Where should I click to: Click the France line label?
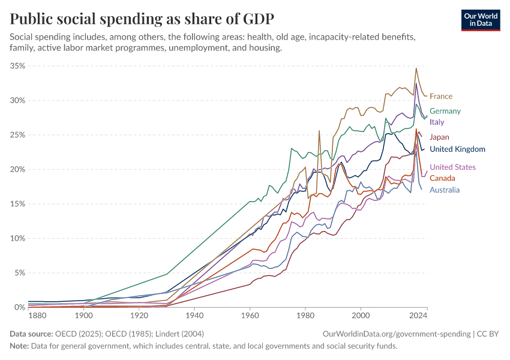click(x=441, y=96)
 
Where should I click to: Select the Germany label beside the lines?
click(x=445, y=111)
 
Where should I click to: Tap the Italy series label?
click(x=437, y=122)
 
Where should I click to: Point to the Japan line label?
click(x=439, y=137)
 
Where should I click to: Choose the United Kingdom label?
click(x=457, y=149)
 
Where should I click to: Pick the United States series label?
click(x=452, y=167)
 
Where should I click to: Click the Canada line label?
click(x=442, y=178)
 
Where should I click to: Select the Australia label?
click(x=445, y=190)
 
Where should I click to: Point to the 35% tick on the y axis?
click(x=17, y=66)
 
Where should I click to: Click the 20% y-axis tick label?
click(x=17, y=169)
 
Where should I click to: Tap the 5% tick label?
click(x=19, y=272)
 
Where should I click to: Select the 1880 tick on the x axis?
click(x=37, y=315)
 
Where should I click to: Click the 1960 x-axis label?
click(x=250, y=315)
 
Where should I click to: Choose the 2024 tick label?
click(x=418, y=315)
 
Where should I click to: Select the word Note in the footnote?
click(x=19, y=346)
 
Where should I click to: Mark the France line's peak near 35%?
click(x=416, y=68)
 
